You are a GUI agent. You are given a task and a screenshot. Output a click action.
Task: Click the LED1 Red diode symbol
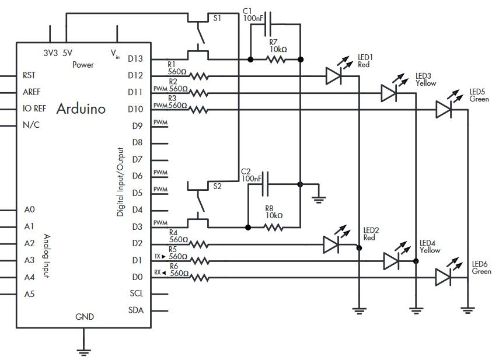(333, 75)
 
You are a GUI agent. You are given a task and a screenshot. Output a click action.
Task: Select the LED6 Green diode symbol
(444, 278)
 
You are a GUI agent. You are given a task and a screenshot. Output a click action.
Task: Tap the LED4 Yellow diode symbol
(391, 261)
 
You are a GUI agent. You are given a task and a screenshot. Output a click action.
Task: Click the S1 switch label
(217, 18)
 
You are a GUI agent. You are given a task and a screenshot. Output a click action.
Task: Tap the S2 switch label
(217, 187)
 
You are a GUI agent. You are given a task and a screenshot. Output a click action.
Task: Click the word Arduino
(81, 109)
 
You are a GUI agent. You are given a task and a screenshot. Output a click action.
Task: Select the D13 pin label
(136, 59)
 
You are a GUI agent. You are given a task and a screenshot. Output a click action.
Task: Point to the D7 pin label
(138, 159)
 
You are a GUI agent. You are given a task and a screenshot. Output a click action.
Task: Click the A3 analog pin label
(29, 260)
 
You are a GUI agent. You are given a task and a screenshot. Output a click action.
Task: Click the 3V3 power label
(51, 53)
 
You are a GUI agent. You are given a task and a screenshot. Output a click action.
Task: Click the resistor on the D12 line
(198, 76)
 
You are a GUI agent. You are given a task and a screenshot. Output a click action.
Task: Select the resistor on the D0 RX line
(198, 278)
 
